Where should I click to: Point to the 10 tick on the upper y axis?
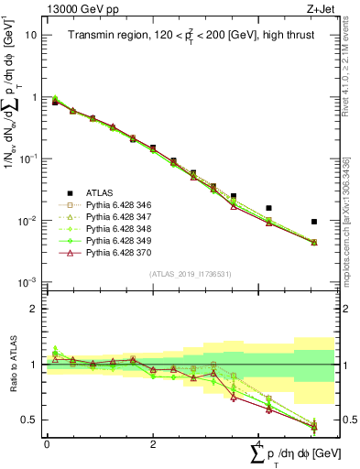click(30, 35)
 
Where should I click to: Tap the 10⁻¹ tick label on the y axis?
click(28, 159)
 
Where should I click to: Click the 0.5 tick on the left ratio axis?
click(28, 420)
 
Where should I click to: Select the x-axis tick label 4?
click(259, 443)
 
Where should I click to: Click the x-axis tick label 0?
click(47, 443)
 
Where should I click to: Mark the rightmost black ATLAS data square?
click(314, 222)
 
